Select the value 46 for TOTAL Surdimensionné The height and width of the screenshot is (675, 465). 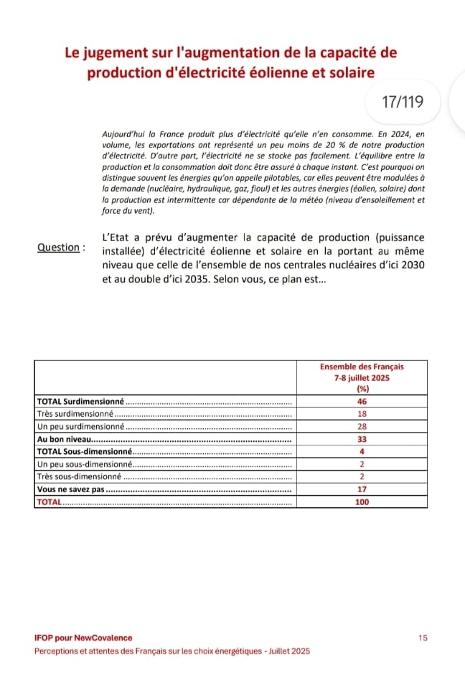point(362,401)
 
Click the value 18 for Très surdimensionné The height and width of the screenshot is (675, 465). point(362,414)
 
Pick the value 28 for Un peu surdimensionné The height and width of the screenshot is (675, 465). point(362,427)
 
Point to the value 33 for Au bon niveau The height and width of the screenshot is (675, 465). point(362,439)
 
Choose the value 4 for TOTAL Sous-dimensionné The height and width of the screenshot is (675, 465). point(362,452)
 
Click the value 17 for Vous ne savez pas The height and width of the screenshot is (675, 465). point(362,489)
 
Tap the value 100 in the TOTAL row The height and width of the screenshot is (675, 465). point(362,502)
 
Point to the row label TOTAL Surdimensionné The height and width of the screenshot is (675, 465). point(80,401)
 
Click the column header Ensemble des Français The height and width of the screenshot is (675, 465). point(362,367)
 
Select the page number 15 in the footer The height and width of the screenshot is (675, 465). point(423,638)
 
